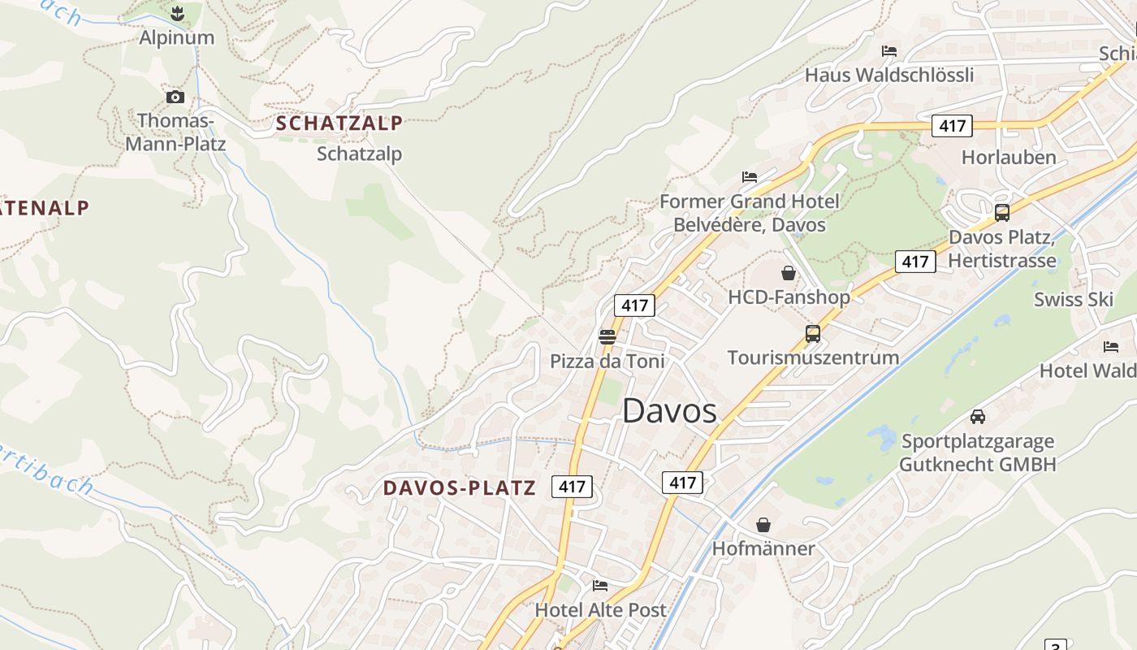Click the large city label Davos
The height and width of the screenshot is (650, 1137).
669,411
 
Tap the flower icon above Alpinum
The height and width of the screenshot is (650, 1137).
176,13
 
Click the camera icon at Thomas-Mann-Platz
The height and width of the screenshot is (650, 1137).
175,97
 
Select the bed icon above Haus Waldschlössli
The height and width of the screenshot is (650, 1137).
889,51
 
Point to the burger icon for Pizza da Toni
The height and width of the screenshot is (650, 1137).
607,336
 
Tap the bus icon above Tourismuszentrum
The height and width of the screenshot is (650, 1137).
812,333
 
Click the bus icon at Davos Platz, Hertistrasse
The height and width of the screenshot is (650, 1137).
1002,213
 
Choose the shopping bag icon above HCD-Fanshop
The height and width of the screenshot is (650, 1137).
788,273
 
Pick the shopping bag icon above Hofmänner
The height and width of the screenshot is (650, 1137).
763,525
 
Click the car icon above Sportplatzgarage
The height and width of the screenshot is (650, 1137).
978,417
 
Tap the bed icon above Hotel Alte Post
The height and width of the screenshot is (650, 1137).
600,585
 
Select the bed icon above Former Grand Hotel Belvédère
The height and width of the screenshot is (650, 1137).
749,177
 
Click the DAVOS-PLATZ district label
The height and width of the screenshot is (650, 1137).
459,487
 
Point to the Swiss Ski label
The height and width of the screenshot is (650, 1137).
1073,299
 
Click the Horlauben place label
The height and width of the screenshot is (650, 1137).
1009,157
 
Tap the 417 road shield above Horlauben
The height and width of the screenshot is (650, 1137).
952,126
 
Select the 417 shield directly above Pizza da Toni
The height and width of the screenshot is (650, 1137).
634,305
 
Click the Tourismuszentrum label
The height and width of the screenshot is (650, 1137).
813,357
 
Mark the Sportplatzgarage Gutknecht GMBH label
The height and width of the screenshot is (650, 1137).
978,453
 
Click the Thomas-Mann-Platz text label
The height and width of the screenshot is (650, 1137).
175,132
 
